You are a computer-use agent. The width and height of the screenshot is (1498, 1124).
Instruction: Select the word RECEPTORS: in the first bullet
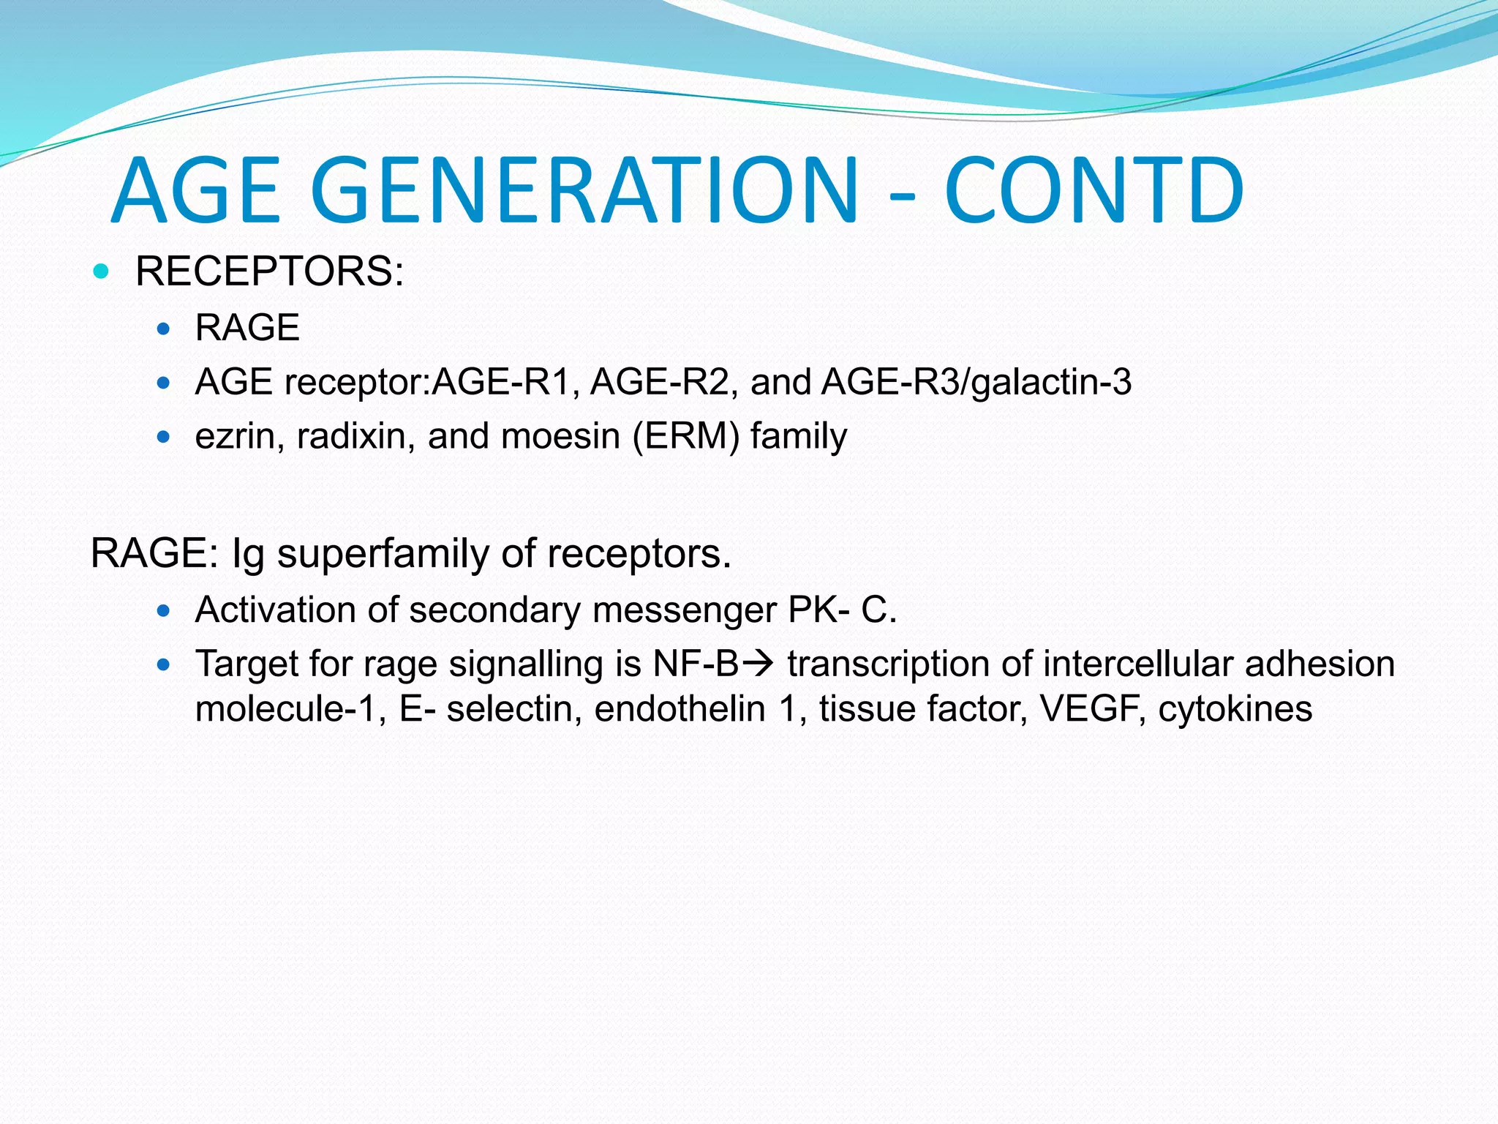(x=269, y=271)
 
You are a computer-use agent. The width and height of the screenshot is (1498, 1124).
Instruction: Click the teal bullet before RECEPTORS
(x=102, y=272)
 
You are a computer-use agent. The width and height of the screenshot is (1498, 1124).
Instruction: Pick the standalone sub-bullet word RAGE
(x=247, y=327)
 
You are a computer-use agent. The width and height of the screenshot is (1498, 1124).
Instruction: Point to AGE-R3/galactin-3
(x=976, y=382)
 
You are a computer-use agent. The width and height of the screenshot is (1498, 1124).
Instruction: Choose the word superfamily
(x=385, y=554)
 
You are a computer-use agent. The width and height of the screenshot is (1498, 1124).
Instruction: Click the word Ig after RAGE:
(x=247, y=554)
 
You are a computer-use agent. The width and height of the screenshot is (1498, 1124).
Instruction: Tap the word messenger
(x=685, y=610)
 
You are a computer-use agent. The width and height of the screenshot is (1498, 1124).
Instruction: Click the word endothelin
(x=680, y=709)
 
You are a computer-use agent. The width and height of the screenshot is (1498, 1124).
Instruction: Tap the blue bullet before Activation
(x=164, y=610)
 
